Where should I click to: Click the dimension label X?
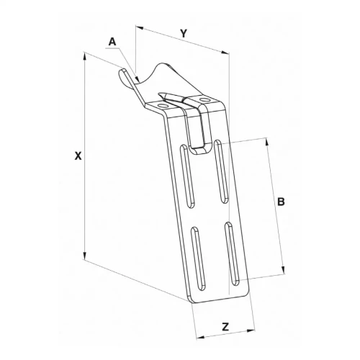pyautogui.click(x=78, y=156)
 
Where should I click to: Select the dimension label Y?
pyautogui.click(x=184, y=34)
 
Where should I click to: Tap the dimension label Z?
pyautogui.click(x=225, y=327)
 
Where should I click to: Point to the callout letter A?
pyautogui.click(x=112, y=42)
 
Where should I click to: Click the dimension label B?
pyautogui.click(x=281, y=202)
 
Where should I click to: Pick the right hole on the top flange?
pyautogui.click(x=204, y=99)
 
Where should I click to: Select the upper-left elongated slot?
pyautogui.click(x=187, y=176)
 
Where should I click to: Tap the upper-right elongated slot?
pyautogui.click(x=221, y=171)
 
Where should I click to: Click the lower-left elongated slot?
pyautogui.click(x=198, y=258)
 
